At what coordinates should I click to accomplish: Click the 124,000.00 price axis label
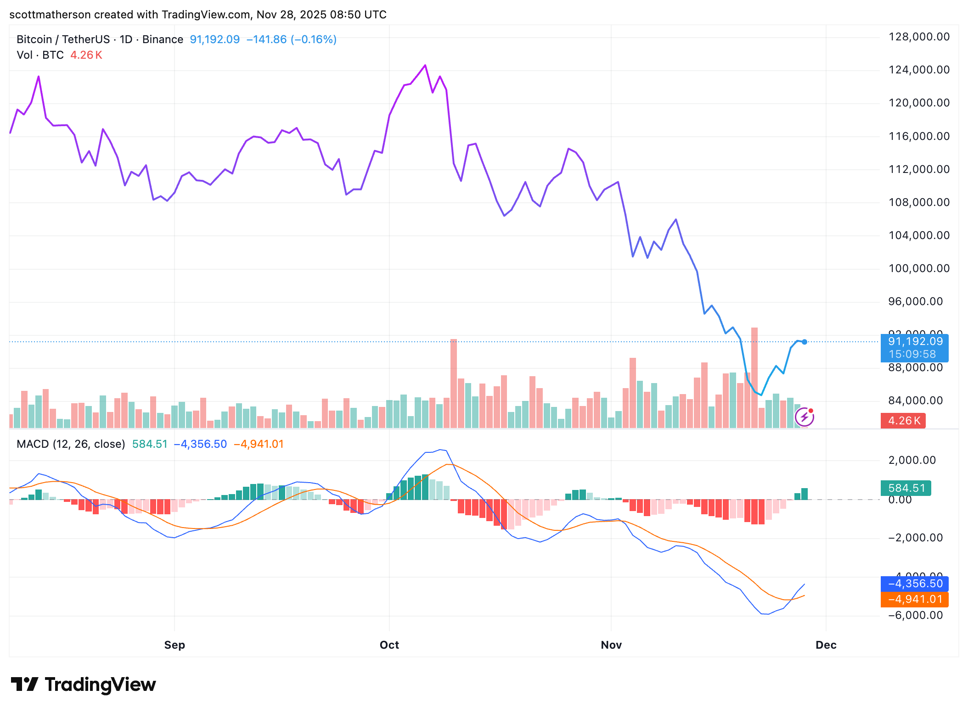[918, 70]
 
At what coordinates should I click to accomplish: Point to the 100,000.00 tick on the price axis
[918, 268]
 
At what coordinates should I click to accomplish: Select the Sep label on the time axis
[174, 645]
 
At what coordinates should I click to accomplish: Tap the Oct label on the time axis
[389, 645]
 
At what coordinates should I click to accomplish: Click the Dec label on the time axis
[826, 645]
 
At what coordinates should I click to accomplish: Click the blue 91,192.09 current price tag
[914, 348]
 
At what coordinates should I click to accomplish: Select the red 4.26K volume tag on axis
[903, 421]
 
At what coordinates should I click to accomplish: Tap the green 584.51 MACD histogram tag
[906, 488]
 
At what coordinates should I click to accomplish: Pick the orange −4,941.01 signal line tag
[914, 599]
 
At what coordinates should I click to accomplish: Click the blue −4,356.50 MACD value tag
[914, 584]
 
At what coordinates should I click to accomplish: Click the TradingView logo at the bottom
[84, 684]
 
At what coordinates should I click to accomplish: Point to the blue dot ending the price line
[804, 342]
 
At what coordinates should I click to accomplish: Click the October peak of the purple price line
[425, 65]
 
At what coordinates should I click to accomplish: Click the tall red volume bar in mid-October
[454, 383]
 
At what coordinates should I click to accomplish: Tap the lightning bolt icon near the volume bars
[804, 417]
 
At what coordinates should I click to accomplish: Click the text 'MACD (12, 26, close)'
[71, 444]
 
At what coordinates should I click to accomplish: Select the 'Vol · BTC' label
[40, 55]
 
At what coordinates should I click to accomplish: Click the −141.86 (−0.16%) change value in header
[291, 39]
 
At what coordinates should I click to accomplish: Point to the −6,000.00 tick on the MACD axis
[915, 615]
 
